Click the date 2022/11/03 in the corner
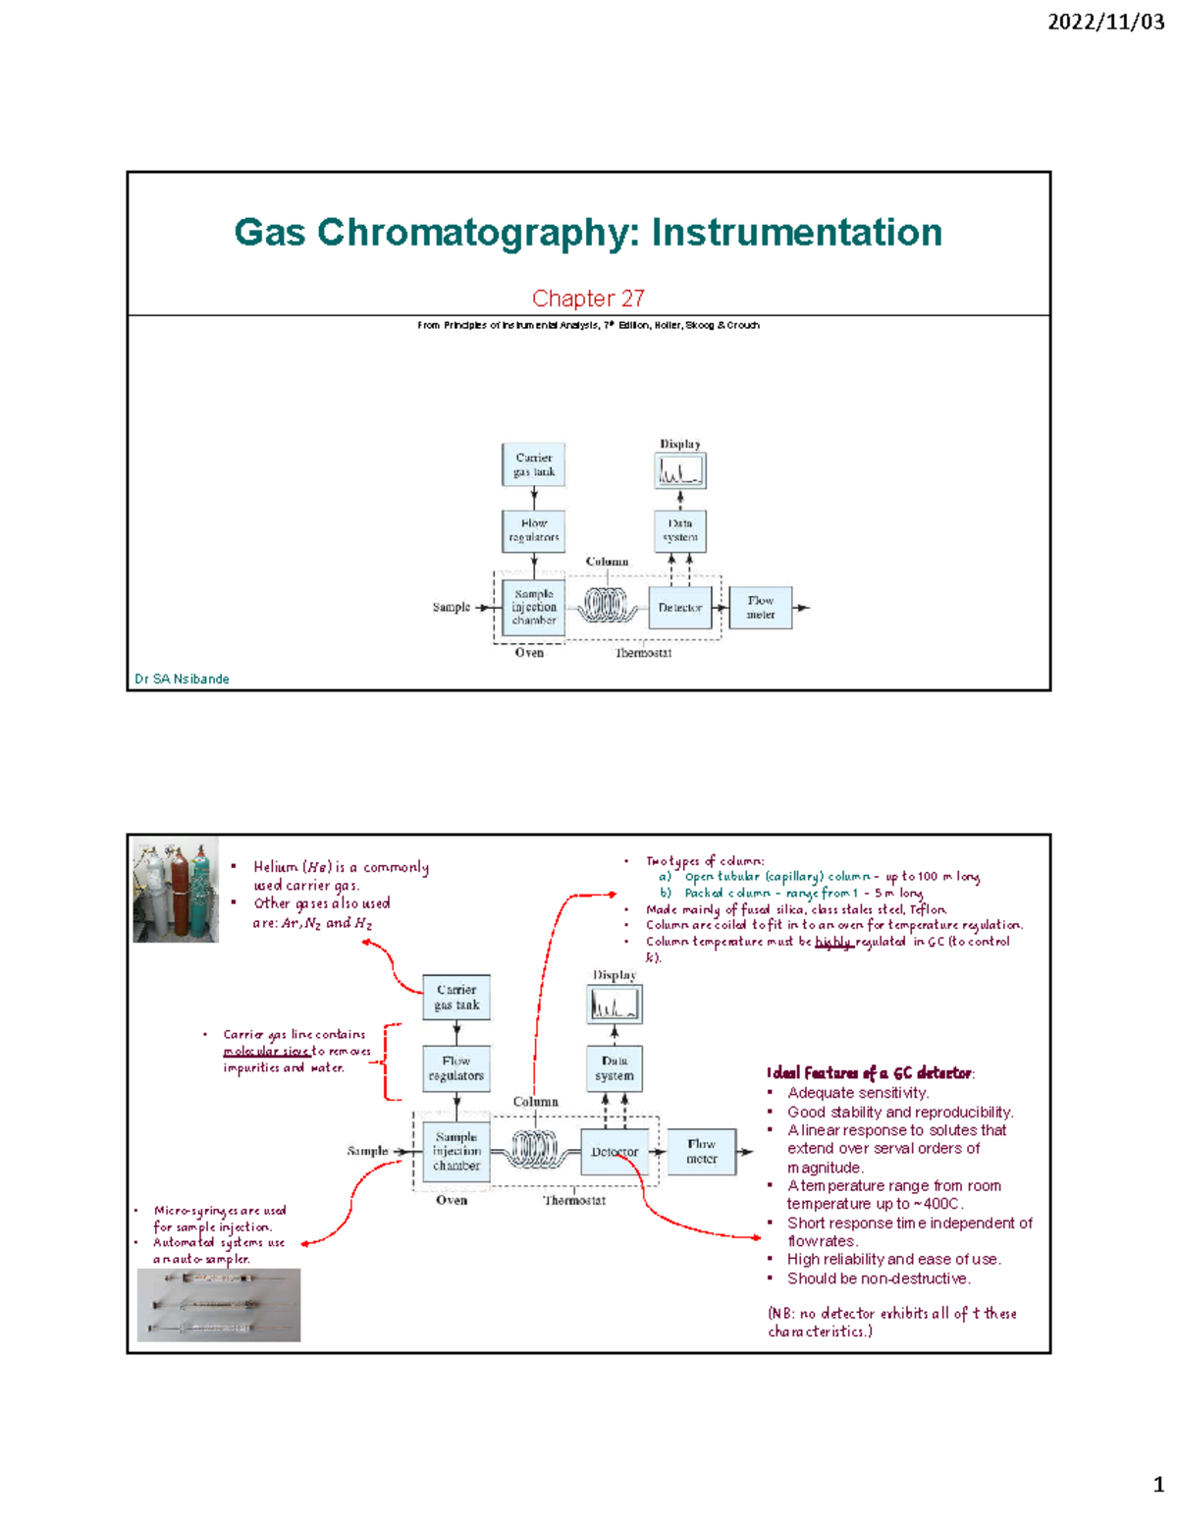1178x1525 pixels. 1105,22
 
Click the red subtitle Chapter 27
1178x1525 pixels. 588,298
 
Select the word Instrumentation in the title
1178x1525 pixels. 796,233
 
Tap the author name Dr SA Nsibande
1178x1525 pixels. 182,679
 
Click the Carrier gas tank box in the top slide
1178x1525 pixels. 534,464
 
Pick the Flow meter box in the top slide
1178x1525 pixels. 760,608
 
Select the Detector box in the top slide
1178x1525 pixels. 679,608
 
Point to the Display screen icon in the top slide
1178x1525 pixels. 680,471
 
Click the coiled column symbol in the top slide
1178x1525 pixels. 606,605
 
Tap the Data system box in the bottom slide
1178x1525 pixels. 615,1068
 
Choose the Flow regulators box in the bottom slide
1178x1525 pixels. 456,1068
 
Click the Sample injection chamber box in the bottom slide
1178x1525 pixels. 456,1151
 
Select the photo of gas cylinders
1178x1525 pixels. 176,891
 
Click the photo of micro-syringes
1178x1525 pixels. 219,1305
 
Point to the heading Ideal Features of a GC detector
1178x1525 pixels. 870,1072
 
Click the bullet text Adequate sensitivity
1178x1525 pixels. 857,1093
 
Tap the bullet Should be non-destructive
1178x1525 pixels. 878,1279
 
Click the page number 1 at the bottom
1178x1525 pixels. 1158,1484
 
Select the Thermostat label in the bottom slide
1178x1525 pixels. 574,1200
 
